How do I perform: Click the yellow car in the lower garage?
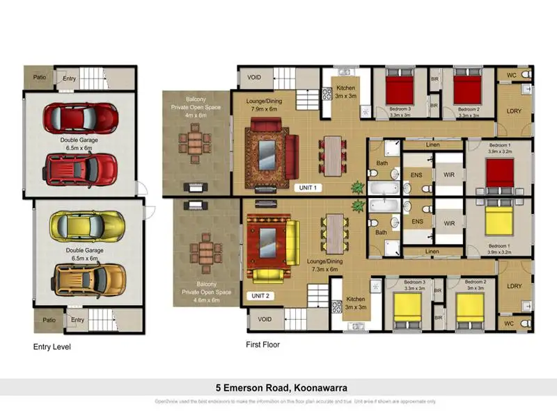(87, 225)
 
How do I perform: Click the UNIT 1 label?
(308, 188)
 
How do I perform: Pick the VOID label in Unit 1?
(254, 77)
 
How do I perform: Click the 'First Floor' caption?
(263, 344)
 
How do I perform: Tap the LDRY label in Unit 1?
(515, 111)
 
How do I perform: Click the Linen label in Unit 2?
(433, 251)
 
